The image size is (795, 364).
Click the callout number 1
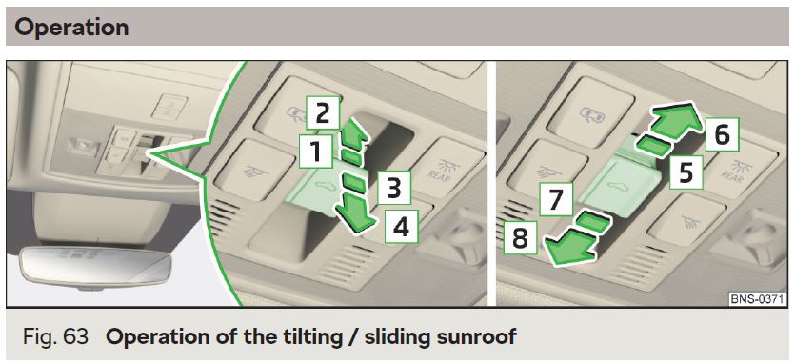[x=316, y=152]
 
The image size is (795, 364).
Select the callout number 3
[x=393, y=188]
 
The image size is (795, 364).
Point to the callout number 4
[x=401, y=227]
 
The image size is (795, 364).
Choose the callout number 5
[x=686, y=172]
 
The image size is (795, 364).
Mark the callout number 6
[x=722, y=135]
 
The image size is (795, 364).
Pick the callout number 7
[x=556, y=200]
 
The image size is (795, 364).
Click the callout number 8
[x=520, y=237]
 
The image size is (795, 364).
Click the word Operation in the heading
[x=71, y=27]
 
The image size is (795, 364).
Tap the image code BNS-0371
[x=759, y=298]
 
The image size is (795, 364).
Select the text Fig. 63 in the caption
[x=55, y=336]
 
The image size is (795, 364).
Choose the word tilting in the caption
[x=287, y=336]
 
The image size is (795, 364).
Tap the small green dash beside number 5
[x=653, y=145]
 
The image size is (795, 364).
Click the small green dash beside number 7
[x=591, y=222]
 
